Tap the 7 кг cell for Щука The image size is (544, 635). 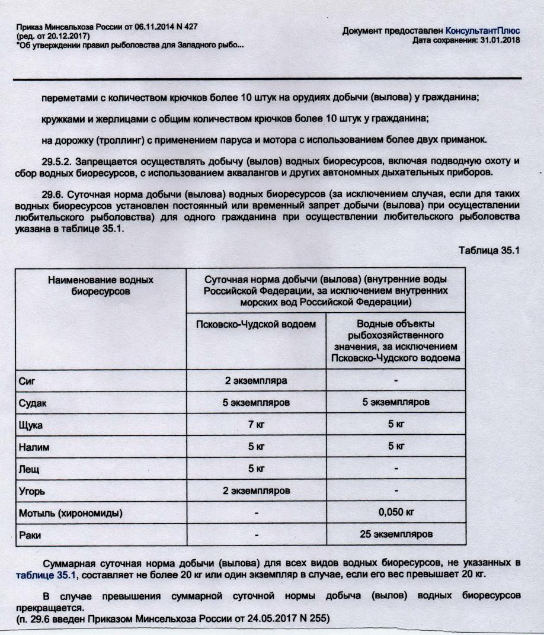click(x=257, y=425)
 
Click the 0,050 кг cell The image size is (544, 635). click(x=396, y=512)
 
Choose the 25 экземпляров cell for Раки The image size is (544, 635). click(x=396, y=534)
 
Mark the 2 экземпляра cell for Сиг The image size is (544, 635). click(x=257, y=380)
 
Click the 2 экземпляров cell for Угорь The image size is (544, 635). click(x=257, y=491)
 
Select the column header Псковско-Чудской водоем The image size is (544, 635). click(x=257, y=324)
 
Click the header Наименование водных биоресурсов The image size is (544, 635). click(x=100, y=284)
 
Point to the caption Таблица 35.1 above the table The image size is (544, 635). click(x=489, y=250)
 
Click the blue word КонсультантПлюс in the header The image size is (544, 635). click(x=483, y=31)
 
